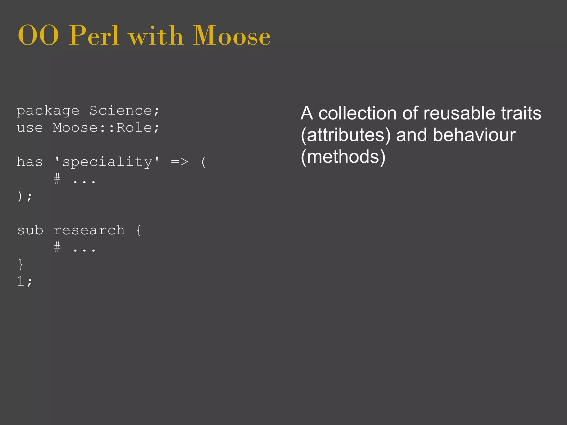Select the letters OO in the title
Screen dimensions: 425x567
[x=38, y=36]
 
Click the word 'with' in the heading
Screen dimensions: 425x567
[x=156, y=36]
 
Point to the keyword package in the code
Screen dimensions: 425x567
[x=48, y=111]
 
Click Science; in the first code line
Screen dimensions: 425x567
[x=125, y=111]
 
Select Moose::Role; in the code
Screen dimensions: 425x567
[x=106, y=128]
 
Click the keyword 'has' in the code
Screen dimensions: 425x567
[x=30, y=162]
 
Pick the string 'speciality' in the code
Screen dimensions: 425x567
[x=107, y=162]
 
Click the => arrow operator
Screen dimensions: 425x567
[x=180, y=162]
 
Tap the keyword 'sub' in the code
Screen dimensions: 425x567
[x=30, y=230]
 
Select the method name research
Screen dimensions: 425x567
[x=89, y=230]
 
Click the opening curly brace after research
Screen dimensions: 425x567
[x=139, y=230]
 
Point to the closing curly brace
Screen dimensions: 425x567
[x=20, y=265]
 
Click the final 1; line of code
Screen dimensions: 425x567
[x=25, y=282]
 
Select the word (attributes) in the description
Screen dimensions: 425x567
[x=346, y=135]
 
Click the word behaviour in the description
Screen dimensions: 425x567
[x=474, y=135]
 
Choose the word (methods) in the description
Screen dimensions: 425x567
[x=343, y=157]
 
